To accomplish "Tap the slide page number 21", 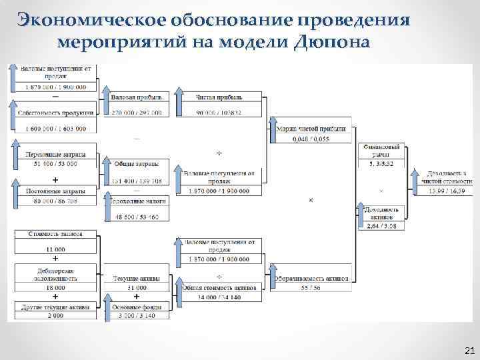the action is (468, 351).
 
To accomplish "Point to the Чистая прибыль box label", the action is (217, 97).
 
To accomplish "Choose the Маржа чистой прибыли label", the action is (311, 128).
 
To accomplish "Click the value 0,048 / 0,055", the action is (311, 139).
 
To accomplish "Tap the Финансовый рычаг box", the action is (381, 150).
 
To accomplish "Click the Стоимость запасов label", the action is (55, 234).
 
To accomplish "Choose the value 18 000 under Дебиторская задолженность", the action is (55, 287).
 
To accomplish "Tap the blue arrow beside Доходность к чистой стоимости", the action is (415, 182).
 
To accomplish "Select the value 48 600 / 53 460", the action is (136, 217).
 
